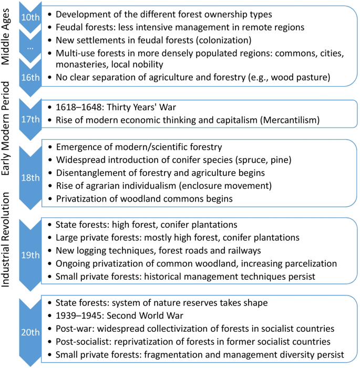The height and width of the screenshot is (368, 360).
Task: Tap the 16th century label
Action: [x=29, y=77]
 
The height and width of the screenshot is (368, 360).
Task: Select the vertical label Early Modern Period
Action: [x=7, y=132]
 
